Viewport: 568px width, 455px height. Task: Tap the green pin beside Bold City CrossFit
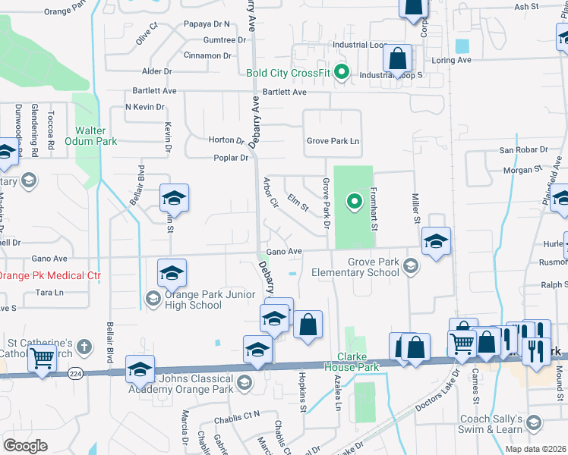coord(342,74)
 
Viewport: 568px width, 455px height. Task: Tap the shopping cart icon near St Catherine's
coord(43,358)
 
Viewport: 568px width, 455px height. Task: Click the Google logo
coord(25,445)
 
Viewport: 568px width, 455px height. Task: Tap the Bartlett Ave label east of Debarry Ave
coord(284,92)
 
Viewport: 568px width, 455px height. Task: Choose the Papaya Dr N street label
coord(206,24)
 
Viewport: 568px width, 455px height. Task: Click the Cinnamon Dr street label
coord(207,55)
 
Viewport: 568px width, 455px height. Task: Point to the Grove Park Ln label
coord(333,141)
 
